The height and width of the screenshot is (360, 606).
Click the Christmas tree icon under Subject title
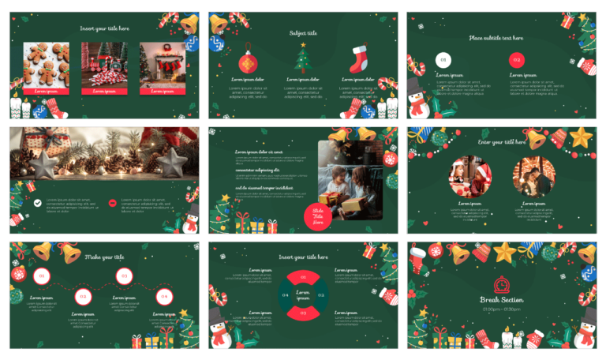pyautogui.click(x=302, y=58)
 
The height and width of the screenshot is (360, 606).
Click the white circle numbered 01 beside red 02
pyautogui.click(x=443, y=59)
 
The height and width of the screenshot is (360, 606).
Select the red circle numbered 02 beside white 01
pyautogui.click(x=516, y=59)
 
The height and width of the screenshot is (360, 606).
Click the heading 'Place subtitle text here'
pyautogui.click(x=496, y=37)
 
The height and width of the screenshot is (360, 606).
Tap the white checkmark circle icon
pyautogui.click(x=37, y=203)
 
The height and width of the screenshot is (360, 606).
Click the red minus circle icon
pyautogui.click(x=113, y=203)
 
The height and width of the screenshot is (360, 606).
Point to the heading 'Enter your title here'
pyautogui.click(x=502, y=142)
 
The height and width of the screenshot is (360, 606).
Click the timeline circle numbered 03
pyautogui.click(x=123, y=276)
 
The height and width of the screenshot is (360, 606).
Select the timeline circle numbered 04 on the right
pyautogui.click(x=164, y=296)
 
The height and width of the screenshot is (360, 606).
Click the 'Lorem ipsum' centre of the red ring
pyautogui.click(x=302, y=295)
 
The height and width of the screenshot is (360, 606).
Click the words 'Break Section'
pyautogui.click(x=502, y=300)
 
